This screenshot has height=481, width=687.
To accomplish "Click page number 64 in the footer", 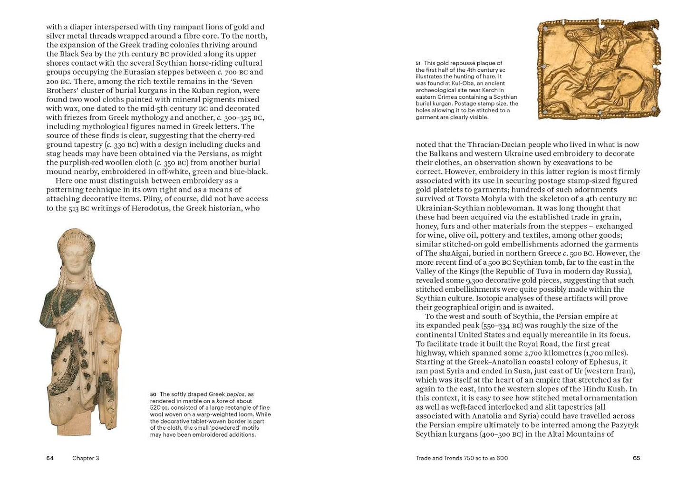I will (50, 458).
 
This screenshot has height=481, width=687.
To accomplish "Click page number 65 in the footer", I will (636, 458).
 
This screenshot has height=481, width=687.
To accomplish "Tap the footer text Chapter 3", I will (86, 458).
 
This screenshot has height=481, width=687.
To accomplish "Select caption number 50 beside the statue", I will (153, 394).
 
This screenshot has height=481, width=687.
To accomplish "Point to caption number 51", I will (418, 63).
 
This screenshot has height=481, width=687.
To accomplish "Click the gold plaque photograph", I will (598, 69).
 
